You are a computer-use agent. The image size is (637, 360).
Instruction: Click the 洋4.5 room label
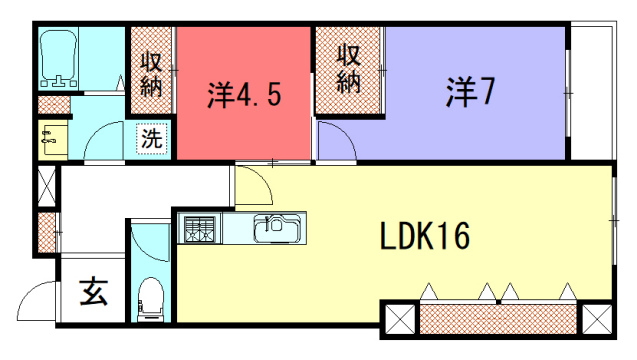(244, 95)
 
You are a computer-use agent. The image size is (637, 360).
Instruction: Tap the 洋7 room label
(471, 93)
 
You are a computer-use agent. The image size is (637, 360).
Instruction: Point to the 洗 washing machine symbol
(150, 139)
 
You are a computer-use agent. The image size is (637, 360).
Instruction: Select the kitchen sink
(273, 228)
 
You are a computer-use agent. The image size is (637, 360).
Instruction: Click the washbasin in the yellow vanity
(49, 140)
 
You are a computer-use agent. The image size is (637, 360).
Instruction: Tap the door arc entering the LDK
(253, 185)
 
